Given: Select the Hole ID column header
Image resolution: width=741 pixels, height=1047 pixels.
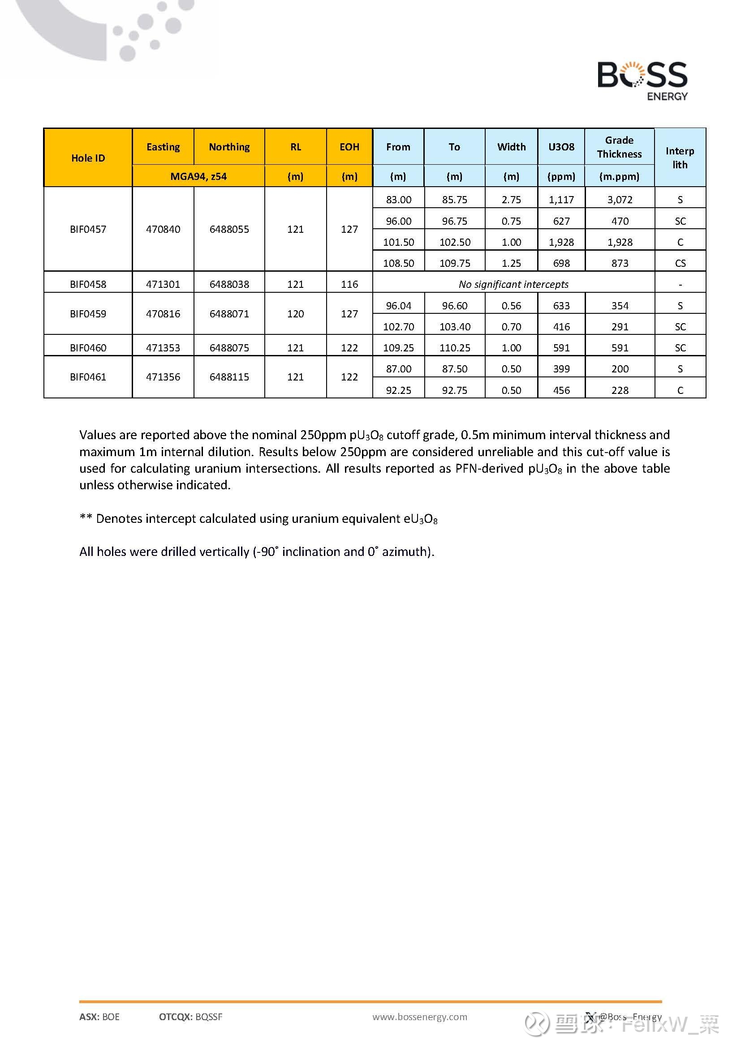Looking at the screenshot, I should click(88, 158).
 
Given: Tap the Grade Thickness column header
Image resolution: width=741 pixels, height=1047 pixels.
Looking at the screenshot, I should click(619, 147).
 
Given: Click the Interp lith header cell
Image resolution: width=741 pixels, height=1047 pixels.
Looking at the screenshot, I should click(680, 158).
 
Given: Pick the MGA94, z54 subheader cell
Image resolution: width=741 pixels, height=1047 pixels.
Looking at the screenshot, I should click(198, 176).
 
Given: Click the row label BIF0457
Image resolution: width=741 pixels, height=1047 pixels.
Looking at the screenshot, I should click(88, 229).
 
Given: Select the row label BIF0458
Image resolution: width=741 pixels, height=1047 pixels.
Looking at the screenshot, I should click(88, 285).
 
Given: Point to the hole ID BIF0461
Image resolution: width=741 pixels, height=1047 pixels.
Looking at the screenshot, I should click(88, 377).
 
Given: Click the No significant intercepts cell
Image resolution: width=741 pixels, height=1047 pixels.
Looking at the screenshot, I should click(513, 285).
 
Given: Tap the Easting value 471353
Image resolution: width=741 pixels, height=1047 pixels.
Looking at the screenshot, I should click(163, 348).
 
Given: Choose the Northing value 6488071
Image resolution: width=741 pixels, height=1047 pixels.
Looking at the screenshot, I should click(229, 314).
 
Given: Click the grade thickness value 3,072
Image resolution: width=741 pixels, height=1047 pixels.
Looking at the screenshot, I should click(620, 200).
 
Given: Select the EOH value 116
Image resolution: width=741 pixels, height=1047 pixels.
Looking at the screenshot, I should click(349, 285).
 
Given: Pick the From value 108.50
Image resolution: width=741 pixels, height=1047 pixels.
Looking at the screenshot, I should click(398, 263).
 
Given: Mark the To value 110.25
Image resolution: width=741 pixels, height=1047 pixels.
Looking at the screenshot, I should click(454, 348).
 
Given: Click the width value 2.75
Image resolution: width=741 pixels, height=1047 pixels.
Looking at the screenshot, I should click(511, 200).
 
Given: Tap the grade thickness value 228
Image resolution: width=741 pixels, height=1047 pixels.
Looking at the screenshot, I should click(620, 390).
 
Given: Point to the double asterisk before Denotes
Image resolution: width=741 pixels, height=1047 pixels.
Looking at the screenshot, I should click(86, 518).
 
